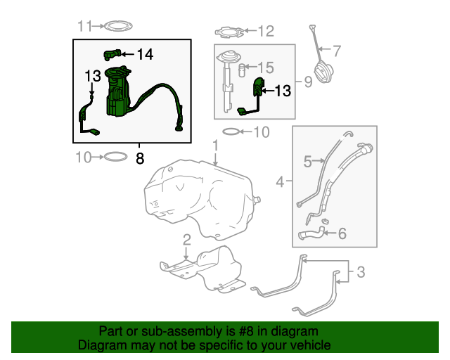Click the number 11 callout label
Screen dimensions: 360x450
[84, 27]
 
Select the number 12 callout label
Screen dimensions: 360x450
[265, 31]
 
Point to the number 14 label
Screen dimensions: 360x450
[144, 54]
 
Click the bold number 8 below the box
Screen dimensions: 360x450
[139, 159]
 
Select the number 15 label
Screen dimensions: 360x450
[264, 67]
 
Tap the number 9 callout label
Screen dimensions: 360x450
[307, 82]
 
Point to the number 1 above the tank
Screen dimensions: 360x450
[216, 145]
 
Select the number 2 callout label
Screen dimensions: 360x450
[186, 241]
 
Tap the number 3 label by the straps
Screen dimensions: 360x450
[360, 271]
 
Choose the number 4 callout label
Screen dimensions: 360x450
[280, 182]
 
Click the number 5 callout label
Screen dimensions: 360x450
[307, 162]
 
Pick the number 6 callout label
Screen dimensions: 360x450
[342, 233]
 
